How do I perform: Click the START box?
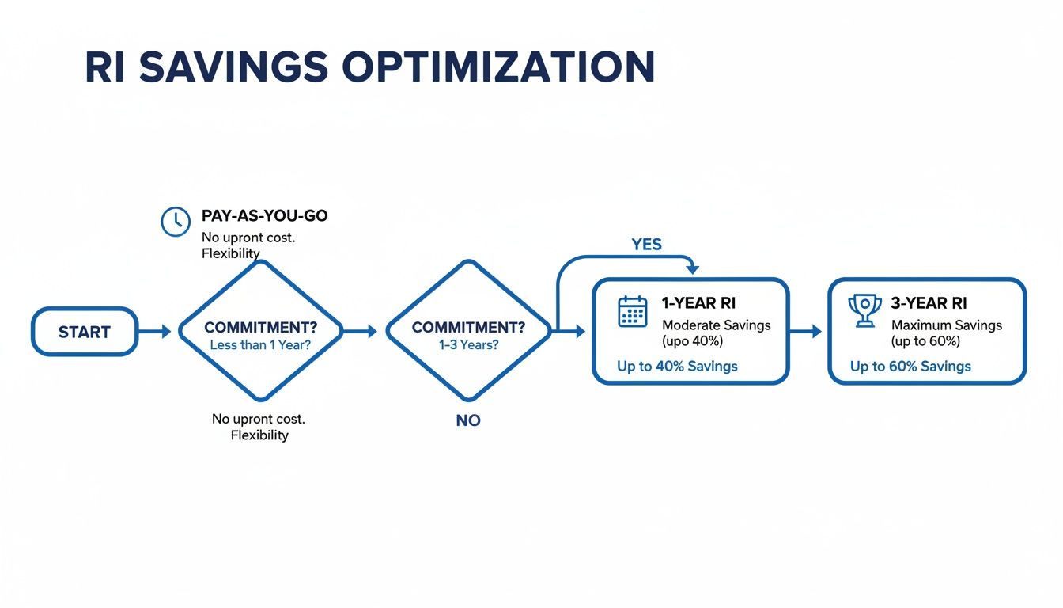pos(85,332)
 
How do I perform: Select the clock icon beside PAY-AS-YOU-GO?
pos(175,222)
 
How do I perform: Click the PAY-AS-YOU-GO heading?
pos(264,216)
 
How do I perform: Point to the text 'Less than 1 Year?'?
pos(260,346)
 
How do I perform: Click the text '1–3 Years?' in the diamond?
pos(468,346)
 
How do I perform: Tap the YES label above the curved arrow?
pos(646,245)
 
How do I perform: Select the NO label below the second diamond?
pos(468,420)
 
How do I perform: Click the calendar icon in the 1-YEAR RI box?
pos(632,311)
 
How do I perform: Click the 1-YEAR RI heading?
pos(698,303)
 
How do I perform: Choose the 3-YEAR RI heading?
pos(929,303)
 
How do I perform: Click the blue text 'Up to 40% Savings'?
pos(677,367)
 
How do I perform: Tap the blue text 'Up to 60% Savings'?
pos(910,367)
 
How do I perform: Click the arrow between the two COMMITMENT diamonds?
pos(362,332)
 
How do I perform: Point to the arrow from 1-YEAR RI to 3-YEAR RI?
pos(807,332)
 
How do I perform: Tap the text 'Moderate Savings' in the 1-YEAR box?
pos(716,325)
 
